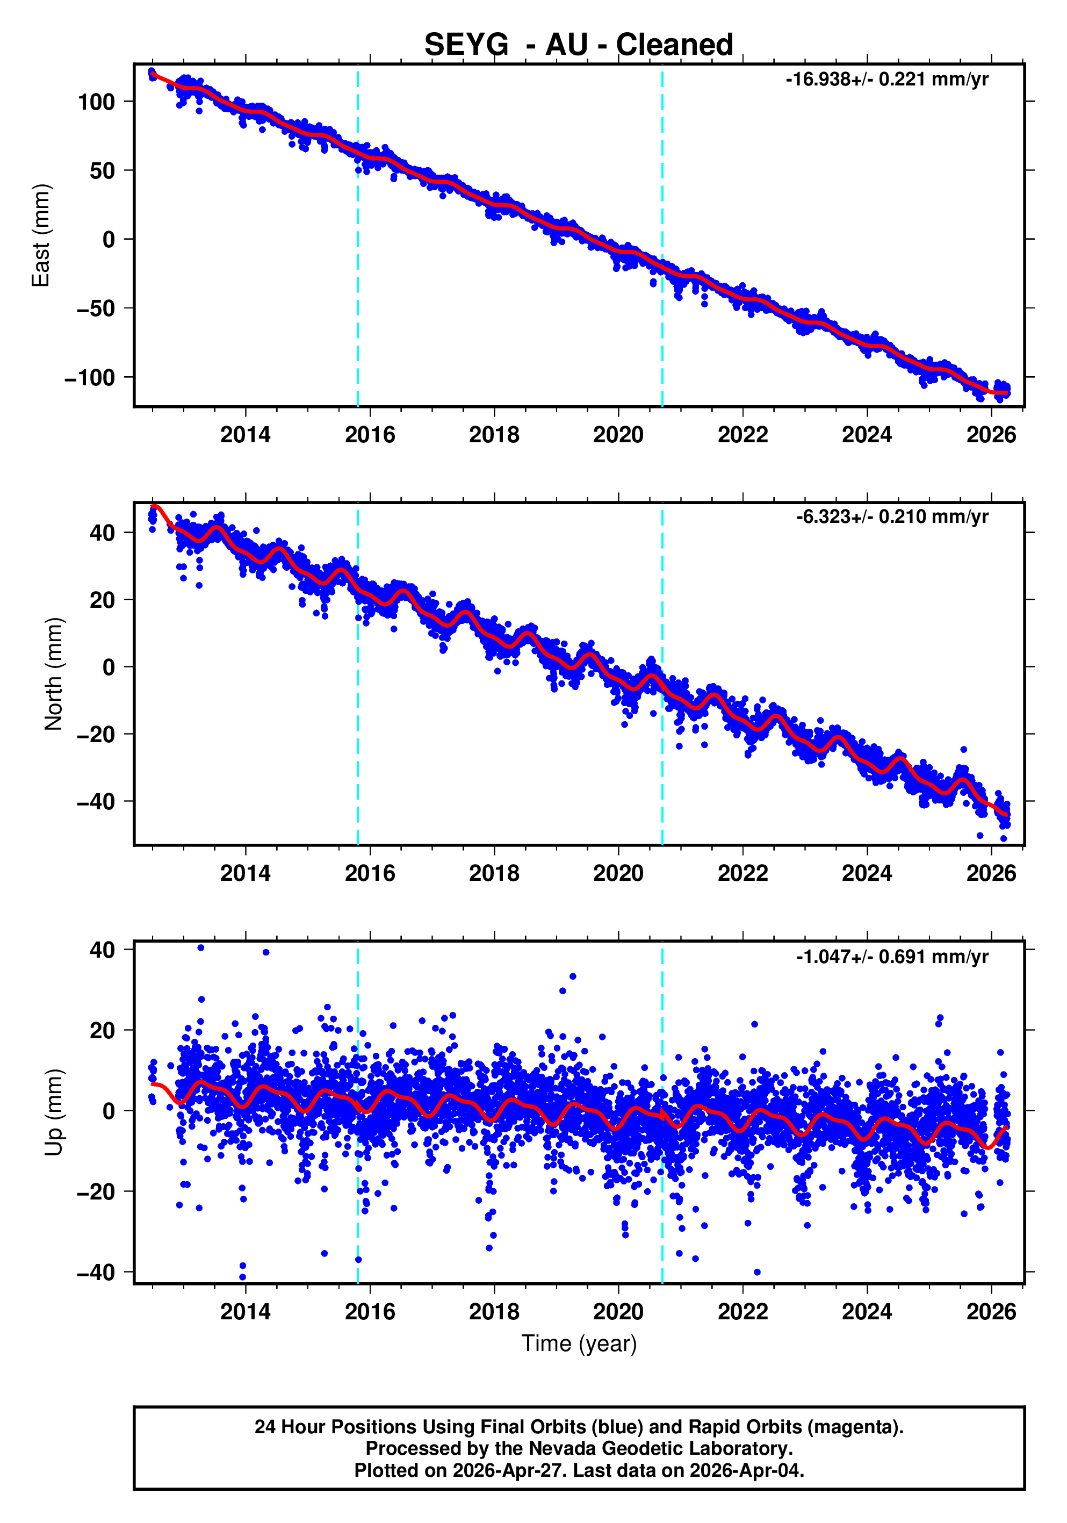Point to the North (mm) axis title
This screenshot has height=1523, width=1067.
click(54, 674)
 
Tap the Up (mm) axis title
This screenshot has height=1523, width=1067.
click(54, 1112)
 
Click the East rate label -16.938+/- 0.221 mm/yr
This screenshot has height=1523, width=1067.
click(886, 80)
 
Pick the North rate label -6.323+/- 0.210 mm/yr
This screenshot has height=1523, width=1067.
click(892, 517)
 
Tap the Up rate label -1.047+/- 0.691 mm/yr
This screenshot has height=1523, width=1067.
click(892, 957)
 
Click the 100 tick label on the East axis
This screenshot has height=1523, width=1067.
click(96, 102)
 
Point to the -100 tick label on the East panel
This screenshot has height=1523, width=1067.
click(90, 377)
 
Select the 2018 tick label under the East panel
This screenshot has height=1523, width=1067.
click(494, 435)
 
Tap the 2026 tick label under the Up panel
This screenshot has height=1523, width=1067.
click(991, 1312)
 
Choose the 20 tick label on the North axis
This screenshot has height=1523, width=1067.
click(102, 600)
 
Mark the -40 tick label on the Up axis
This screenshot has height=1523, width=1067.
click(96, 1273)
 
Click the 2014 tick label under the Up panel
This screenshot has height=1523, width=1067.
click(246, 1312)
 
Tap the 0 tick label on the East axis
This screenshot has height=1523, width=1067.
click(109, 240)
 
